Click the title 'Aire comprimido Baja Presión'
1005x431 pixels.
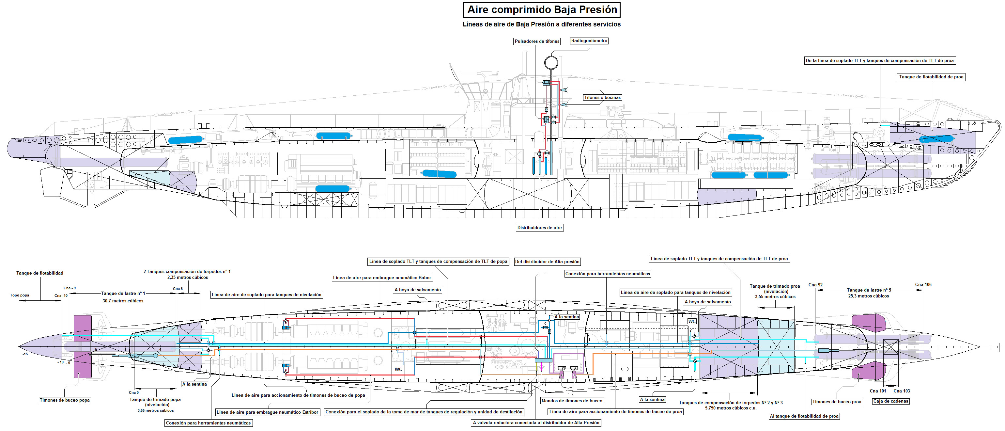click(542, 10)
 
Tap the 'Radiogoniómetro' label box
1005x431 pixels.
click(589, 40)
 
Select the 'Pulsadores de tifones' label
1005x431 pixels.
click(537, 41)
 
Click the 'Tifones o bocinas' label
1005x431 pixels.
click(602, 98)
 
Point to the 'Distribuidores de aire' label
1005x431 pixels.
click(540, 228)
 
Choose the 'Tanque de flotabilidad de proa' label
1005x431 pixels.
click(931, 77)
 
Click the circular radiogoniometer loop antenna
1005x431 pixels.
click(551, 62)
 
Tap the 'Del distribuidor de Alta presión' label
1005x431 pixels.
click(547, 262)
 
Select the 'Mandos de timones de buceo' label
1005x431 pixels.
click(572, 401)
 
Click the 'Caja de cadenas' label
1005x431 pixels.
click(891, 401)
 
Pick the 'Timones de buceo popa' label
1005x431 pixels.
click(65, 400)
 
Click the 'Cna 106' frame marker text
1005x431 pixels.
click(923, 285)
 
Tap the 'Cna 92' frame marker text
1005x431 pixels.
click(815, 285)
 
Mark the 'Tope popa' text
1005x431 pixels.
click(20, 295)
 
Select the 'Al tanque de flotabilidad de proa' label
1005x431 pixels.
click(804, 416)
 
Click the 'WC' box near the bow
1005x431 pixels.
click(692, 321)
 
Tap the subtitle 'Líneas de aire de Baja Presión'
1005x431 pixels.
click(542, 24)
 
